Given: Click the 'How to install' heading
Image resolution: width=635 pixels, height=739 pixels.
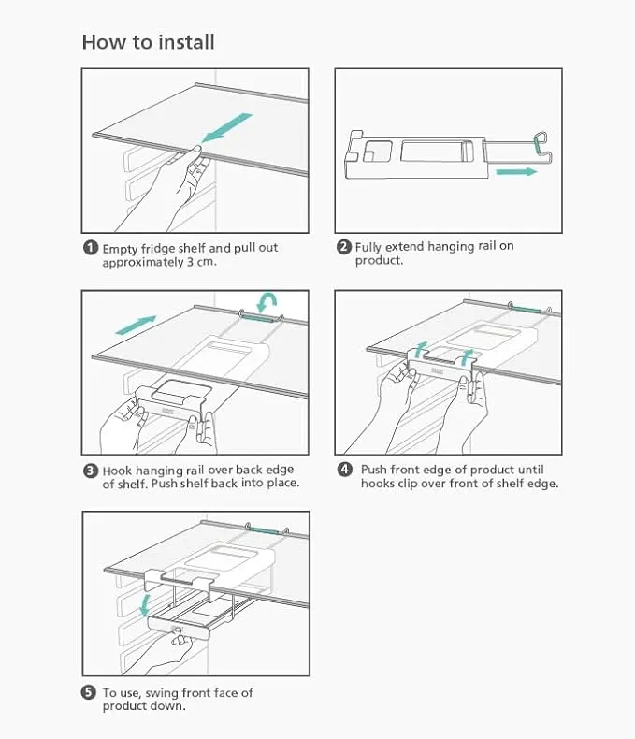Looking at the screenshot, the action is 149,42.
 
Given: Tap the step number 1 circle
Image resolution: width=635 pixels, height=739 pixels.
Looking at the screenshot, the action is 91,248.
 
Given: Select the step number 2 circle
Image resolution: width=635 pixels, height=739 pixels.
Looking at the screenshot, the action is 344,247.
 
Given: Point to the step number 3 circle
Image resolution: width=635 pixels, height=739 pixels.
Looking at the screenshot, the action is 91,471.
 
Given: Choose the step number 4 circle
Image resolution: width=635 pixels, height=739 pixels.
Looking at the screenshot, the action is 345,470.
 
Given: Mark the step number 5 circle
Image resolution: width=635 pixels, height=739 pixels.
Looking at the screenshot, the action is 89,692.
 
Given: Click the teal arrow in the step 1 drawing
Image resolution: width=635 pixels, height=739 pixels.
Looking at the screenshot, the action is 227,127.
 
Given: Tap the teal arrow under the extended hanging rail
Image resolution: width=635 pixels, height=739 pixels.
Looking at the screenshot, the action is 517,171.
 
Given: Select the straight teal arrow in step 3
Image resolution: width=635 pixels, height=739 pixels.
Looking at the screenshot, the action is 136,326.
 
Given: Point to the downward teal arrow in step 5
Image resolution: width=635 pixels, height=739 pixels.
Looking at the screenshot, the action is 146,605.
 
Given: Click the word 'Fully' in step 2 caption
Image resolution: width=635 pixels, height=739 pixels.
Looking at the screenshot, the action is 368,247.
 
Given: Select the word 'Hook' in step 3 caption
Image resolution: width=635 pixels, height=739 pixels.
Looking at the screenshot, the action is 117,471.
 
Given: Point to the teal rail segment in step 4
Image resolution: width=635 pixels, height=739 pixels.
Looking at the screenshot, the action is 527,310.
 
